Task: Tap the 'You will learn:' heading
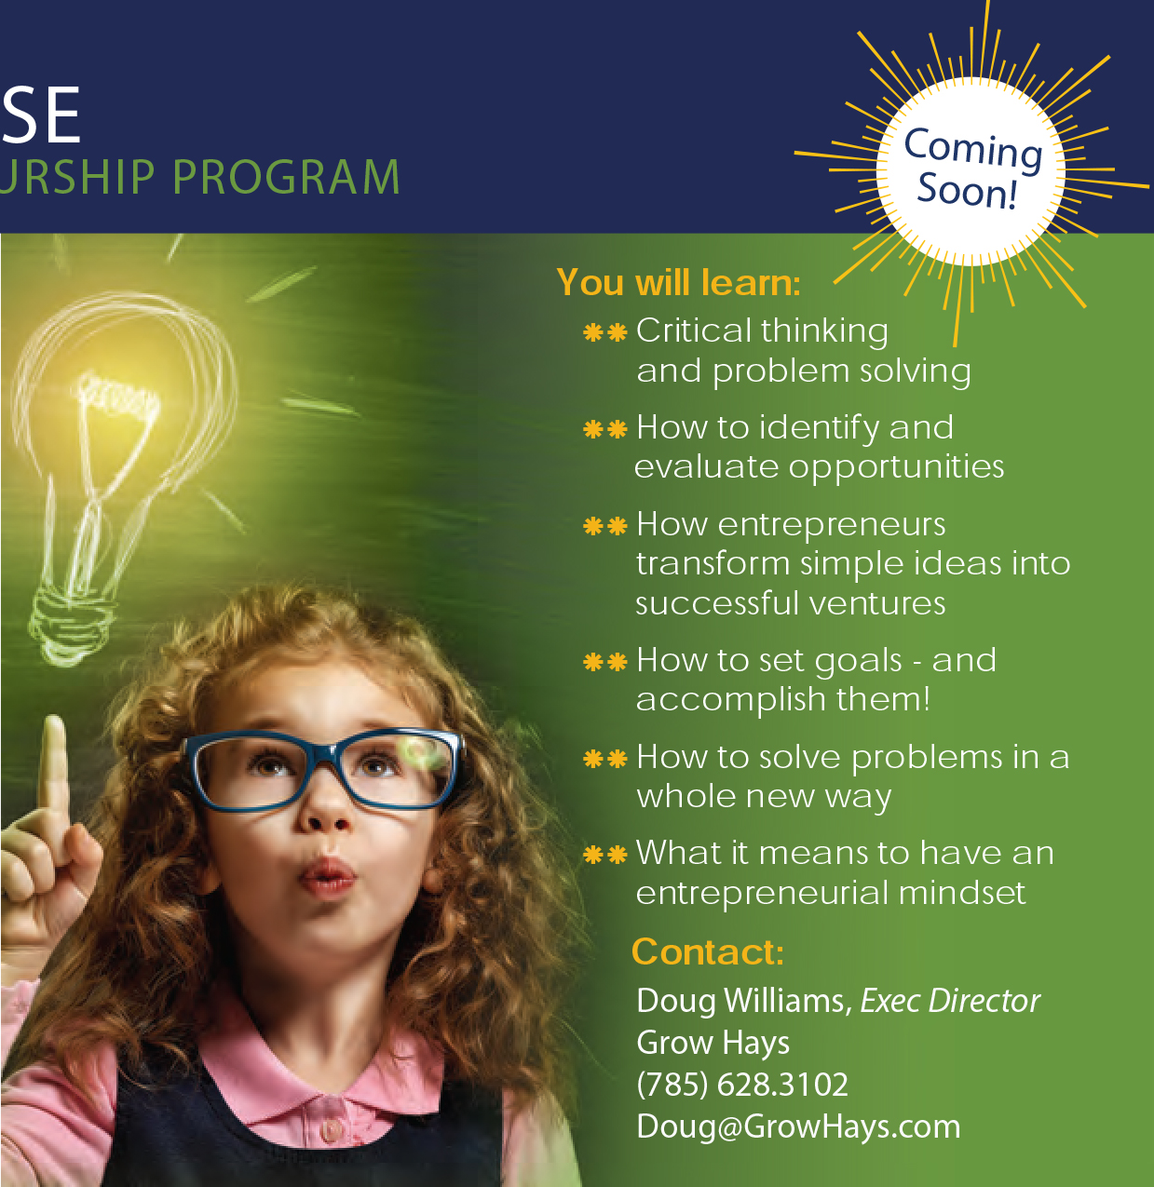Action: tap(678, 282)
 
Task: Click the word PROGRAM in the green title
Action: tap(286, 177)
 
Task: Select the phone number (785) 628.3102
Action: tap(742, 1084)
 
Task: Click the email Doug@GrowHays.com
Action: tap(798, 1126)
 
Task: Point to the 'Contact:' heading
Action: tap(708, 951)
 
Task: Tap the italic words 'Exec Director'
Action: tap(950, 1001)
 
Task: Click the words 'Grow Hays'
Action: tap(713, 1043)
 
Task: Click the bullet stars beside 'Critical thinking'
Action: tap(604, 332)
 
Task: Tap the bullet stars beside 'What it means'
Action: tap(604, 855)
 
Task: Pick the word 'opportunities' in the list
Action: tap(896, 468)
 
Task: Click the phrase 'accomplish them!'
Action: tap(783, 699)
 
